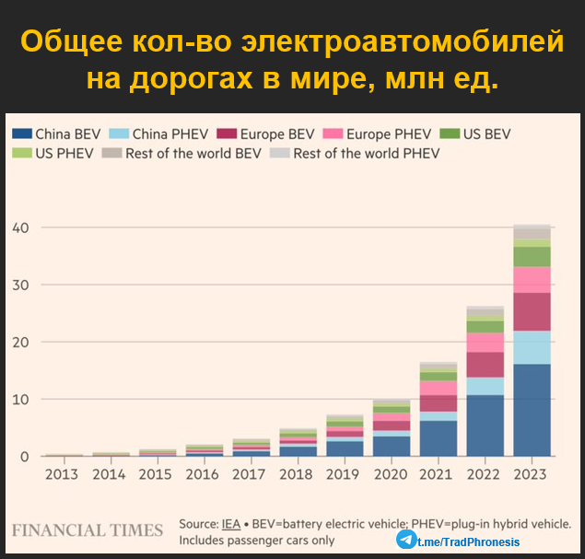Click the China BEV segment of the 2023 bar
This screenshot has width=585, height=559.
pyautogui.click(x=532, y=410)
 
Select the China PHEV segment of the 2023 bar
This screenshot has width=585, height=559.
pyautogui.click(x=532, y=347)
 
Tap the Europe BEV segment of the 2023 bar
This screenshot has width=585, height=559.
pyautogui.click(x=532, y=311)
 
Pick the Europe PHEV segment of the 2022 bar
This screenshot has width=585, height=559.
pyautogui.click(x=485, y=342)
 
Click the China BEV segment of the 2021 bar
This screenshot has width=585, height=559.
pyautogui.click(x=438, y=438)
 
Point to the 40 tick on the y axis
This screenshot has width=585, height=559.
pyautogui.click(x=20, y=227)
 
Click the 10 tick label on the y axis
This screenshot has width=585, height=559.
pyautogui.click(x=20, y=400)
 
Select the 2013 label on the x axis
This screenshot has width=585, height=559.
pyautogui.click(x=62, y=474)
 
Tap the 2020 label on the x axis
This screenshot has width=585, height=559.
pyautogui.click(x=391, y=474)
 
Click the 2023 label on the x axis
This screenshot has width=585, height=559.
pyautogui.click(x=532, y=474)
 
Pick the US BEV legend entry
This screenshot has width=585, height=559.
pyautogui.click(x=486, y=134)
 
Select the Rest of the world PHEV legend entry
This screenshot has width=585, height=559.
pyautogui.click(x=366, y=153)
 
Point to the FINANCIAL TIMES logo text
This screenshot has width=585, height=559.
pyautogui.click(x=88, y=530)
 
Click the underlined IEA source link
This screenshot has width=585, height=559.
pyautogui.click(x=229, y=524)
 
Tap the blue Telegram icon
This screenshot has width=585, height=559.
pyautogui.click(x=406, y=540)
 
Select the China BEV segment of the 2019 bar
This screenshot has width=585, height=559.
pyautogui.click(x=344, y=448)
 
